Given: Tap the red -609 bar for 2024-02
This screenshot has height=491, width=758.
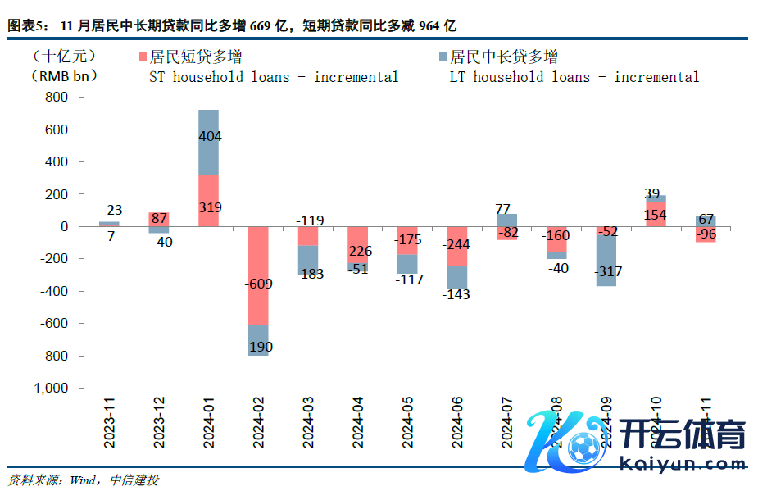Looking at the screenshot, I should coord(259,275).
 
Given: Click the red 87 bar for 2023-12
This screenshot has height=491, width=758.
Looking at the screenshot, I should coord(159,219).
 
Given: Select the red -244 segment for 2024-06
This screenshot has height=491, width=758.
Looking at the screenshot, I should coord(457,246).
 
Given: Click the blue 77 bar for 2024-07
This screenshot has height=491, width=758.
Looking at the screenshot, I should coord(507,220).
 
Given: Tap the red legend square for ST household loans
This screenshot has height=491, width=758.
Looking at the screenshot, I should coord(143,58).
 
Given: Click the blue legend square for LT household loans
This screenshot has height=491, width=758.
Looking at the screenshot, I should coord(443,58).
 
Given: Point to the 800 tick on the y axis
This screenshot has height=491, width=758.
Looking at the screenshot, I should coord(57,98).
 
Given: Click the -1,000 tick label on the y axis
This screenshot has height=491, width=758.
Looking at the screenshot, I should coord(49,389).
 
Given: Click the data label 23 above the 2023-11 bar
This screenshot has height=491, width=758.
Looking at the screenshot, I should coord(114,209).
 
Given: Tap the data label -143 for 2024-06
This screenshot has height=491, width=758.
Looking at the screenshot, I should coord(456,295).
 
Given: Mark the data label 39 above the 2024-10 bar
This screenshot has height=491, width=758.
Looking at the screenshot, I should coord(651,193).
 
